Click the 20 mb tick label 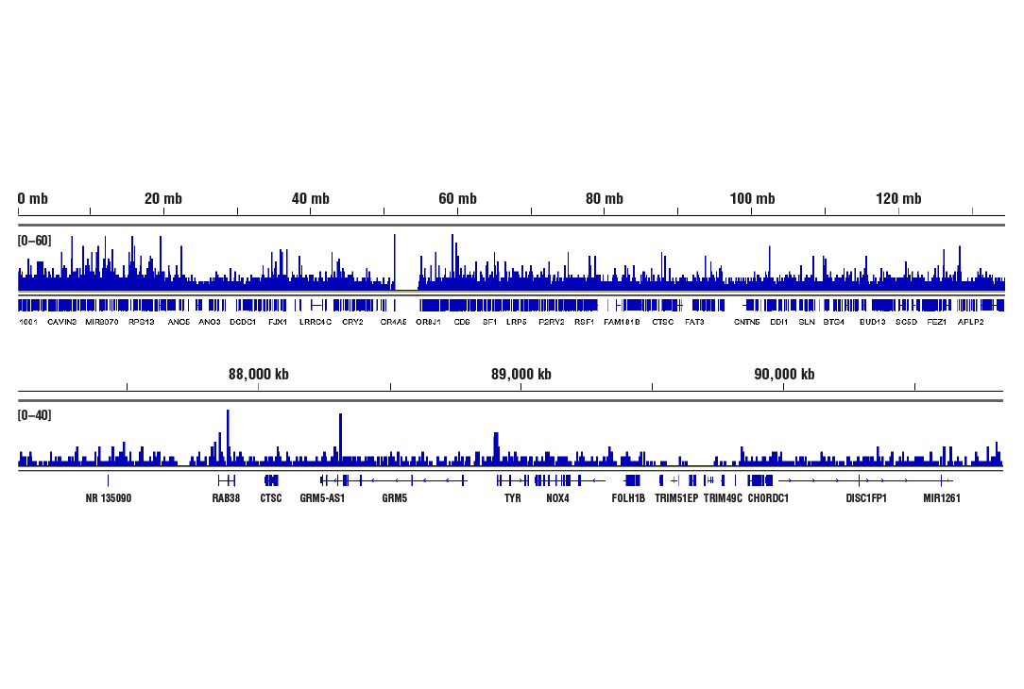tap(162, 199)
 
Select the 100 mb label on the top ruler tap(752, 199)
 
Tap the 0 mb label tap(33, 199)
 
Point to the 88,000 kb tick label tap(259, 375)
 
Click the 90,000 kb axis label tap(784, 375)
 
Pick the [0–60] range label tap(35, 241)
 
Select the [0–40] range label tap(35, 415)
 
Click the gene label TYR tap(513, 498)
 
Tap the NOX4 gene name tap(558, 498)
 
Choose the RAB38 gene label tap(226, 498)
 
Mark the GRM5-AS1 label tap(322, 498)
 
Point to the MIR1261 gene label tap(942, 498)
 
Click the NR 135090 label tap(109, 498)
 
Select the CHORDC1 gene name tap(768, 498)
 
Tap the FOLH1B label tap(629, 498)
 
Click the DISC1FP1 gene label tap(866, 498)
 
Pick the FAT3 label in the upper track tap(694, 322)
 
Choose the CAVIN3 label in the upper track tap(62, 322)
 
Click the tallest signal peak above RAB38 tap(228, 412)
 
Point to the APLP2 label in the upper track tap(971, 322)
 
